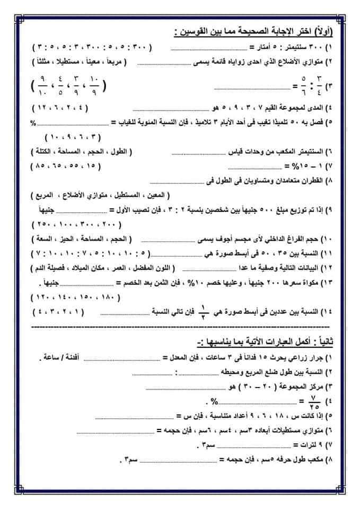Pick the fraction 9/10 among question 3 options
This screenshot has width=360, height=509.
point(40,85)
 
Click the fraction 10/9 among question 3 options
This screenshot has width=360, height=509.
point(95,85)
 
